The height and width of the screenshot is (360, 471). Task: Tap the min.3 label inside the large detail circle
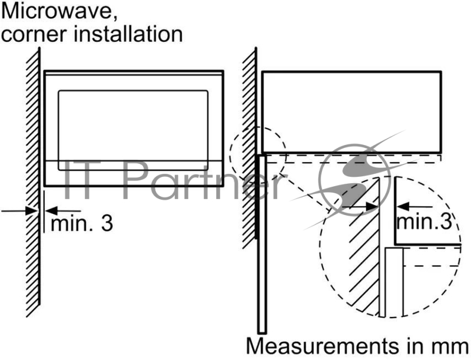[424, 222]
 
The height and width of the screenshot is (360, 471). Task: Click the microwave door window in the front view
[132, 124]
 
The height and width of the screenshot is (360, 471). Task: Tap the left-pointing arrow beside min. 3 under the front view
[62, 210]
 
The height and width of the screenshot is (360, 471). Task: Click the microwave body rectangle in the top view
[351, 110]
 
